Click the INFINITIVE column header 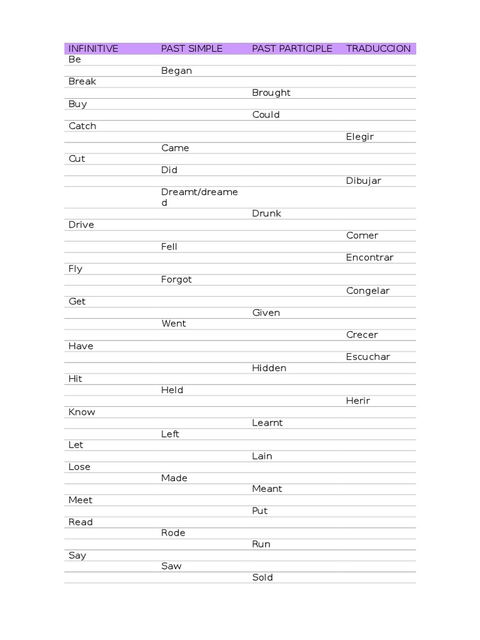pos(93,49)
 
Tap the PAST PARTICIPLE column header pos(292,49)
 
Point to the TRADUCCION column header pos(378,49)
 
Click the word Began pos(176,71)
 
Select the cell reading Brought pos(271,92)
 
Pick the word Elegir pos(360,137)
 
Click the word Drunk pos(267,214)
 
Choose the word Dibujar pos(364,181)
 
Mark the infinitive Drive pos(81,225)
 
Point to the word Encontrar pos(370,257)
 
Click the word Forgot pos(176,279)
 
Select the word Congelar pos(367,291)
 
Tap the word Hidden pos(269,368)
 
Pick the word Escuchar pos(368,357)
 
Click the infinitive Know pos(82,412)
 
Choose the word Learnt pos(267,423)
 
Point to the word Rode pos(173,533)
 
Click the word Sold pos(262,577)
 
